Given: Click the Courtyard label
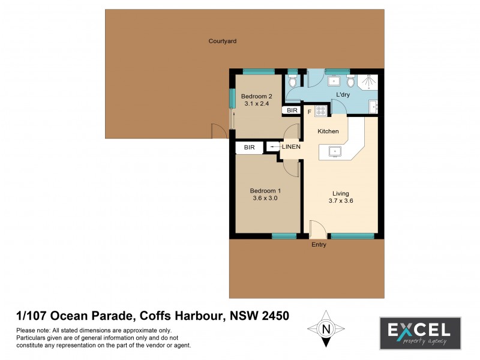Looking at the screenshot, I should [x=222, y=41].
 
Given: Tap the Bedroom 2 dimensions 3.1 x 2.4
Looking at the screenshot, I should [x=257, y=104].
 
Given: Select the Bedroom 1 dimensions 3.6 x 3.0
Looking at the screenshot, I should [x=265, y=198].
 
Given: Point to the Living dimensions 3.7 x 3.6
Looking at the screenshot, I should [x=341, y=201].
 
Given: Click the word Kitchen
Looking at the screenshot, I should [x=328, y=131].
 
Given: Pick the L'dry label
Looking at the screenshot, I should [x=343, y=95].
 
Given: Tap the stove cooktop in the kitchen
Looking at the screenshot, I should [x=321, y=111].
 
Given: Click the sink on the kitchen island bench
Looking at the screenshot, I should [x=335, y=151].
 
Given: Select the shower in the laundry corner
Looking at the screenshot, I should [x=370, y=82].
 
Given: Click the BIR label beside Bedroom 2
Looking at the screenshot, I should [x=292, y=110].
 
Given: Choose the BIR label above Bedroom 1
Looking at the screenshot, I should [x=250, y=147].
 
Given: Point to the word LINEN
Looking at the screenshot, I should [x=290, y=147].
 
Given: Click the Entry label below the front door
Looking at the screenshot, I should [x=319, y=245].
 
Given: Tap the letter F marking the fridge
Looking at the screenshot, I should [x=310, y=112].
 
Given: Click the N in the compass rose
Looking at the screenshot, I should [x=326, y=329].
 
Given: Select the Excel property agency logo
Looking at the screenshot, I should [x=419, y=333].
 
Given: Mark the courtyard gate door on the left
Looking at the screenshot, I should [x=217, y=131].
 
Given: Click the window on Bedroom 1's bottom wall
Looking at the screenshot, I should [x=284, y=236].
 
